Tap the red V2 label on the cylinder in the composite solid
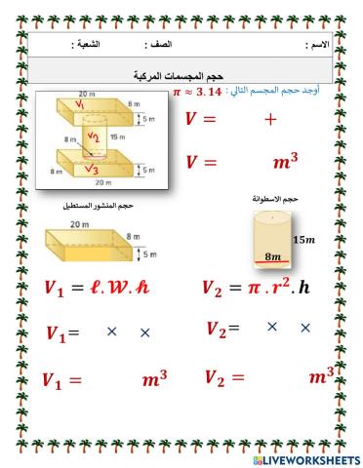[x=91, y=136]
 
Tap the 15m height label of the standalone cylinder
[x=305, y=239]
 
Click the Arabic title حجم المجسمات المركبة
[x=181, y=74]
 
